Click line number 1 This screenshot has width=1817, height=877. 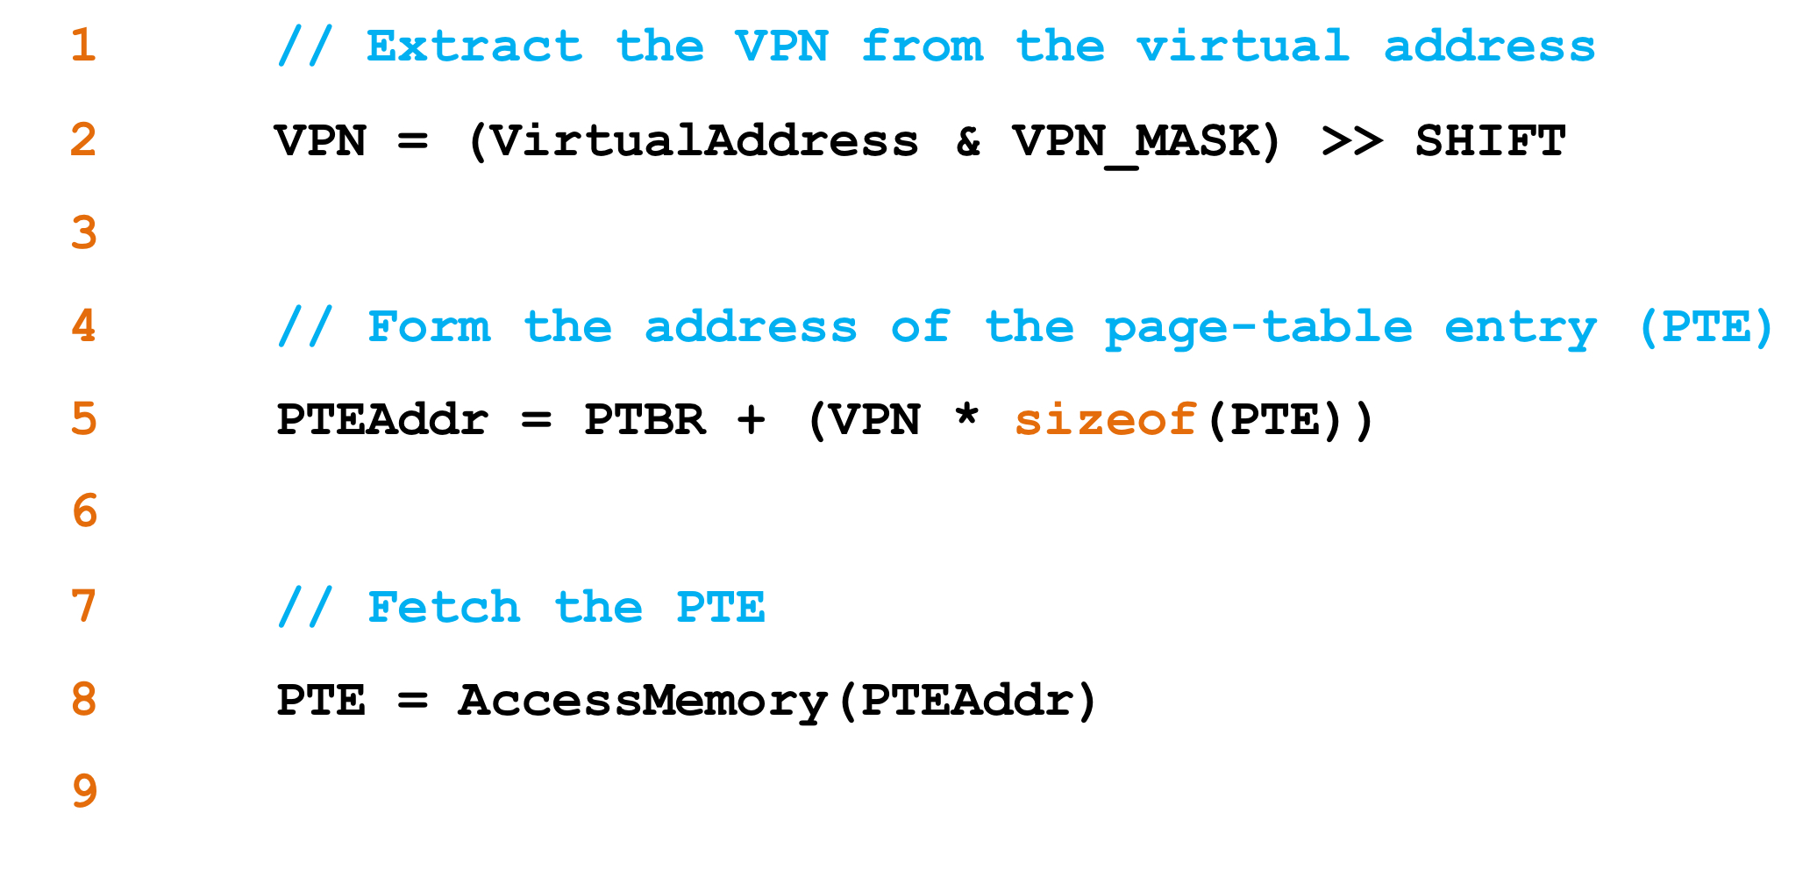tap(83, 46)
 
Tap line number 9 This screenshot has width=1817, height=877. tap(84, 792)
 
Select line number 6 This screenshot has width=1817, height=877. tap(84, 512)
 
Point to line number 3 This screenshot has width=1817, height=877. tap(84, 233)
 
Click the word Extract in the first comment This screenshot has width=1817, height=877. tap(474, 46)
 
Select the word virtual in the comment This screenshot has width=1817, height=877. tap(1243, 46)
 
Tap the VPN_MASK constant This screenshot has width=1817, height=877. tap(1137, 141)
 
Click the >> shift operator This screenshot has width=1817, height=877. tap(1351, 141)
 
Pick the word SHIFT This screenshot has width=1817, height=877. tap(1490, 141)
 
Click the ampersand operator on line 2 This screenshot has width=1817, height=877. tap(968, 141)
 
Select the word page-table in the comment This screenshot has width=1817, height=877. tap(1258, 328)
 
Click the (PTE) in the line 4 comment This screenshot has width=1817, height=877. tap(1705, 327)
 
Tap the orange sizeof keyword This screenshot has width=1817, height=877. tap(1106, 419)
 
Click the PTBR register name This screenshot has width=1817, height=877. tap(645, 419)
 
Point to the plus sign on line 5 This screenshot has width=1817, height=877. tap(752, 419)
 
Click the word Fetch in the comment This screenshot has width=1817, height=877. tap(444, 607)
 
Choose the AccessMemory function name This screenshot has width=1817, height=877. tap(643, 701)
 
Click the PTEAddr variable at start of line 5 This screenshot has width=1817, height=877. tap(382, 419)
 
